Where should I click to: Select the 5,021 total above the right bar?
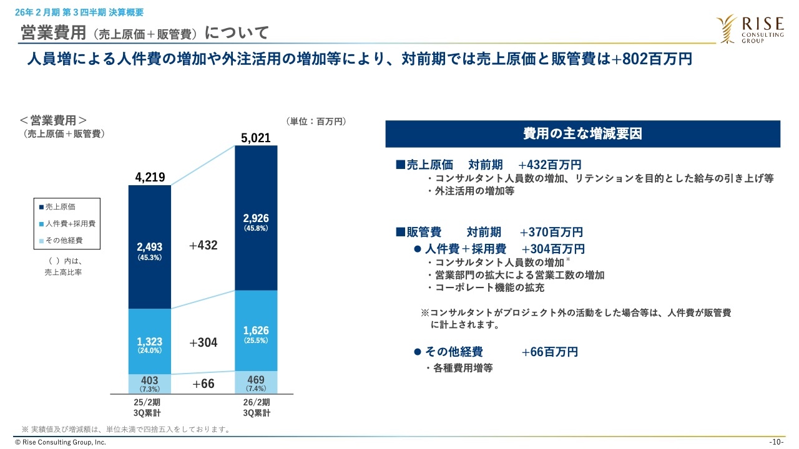pos(256,137)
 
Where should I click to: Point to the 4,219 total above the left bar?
pos(150,177)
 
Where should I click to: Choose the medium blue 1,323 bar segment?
pos(150,341)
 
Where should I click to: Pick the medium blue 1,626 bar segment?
pos(256,331)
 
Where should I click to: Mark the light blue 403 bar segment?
pos(150,384)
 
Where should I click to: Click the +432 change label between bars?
pos(203,245)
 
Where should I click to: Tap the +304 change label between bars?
pos(203,342)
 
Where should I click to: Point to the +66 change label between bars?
pos(203,384)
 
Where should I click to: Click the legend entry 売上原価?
pos(61,207)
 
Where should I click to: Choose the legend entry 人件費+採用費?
pos(67,223)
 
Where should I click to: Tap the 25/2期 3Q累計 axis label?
pos(150,407)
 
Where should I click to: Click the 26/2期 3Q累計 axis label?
pos(256,407)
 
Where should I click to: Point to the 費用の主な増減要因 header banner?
pos(582,133)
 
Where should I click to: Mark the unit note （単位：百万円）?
pos(316,121)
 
